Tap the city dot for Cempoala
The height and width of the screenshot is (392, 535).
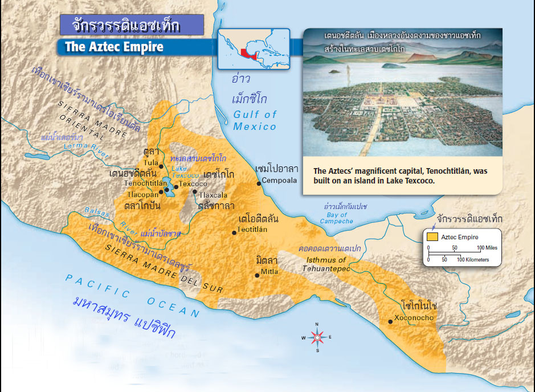[259, 183]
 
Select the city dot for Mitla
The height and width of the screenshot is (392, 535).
[258, 275]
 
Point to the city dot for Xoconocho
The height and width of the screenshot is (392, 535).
[390, 321]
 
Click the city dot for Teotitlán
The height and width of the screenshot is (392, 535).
[234, 232]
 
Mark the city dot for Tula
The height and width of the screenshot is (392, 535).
[161, 166]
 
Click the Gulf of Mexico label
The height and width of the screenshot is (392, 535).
[255, 120]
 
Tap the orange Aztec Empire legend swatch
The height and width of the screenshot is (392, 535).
[433, 237]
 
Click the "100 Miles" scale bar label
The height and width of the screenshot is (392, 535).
[488, 248]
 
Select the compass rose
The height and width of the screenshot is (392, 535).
[317, 337]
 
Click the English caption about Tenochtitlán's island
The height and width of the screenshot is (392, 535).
[400, 175]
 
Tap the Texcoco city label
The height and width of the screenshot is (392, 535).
[194, 185]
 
